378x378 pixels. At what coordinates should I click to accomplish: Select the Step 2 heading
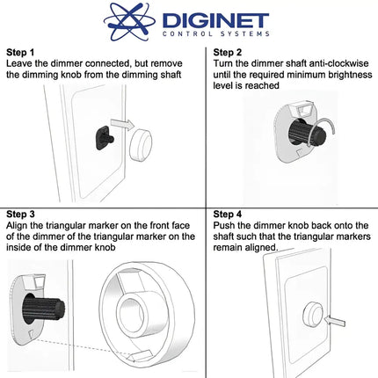click(231, 52)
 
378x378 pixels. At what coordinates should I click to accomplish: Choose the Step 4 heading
click(231, 214)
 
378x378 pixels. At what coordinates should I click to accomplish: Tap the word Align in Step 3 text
click(18, 226)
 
